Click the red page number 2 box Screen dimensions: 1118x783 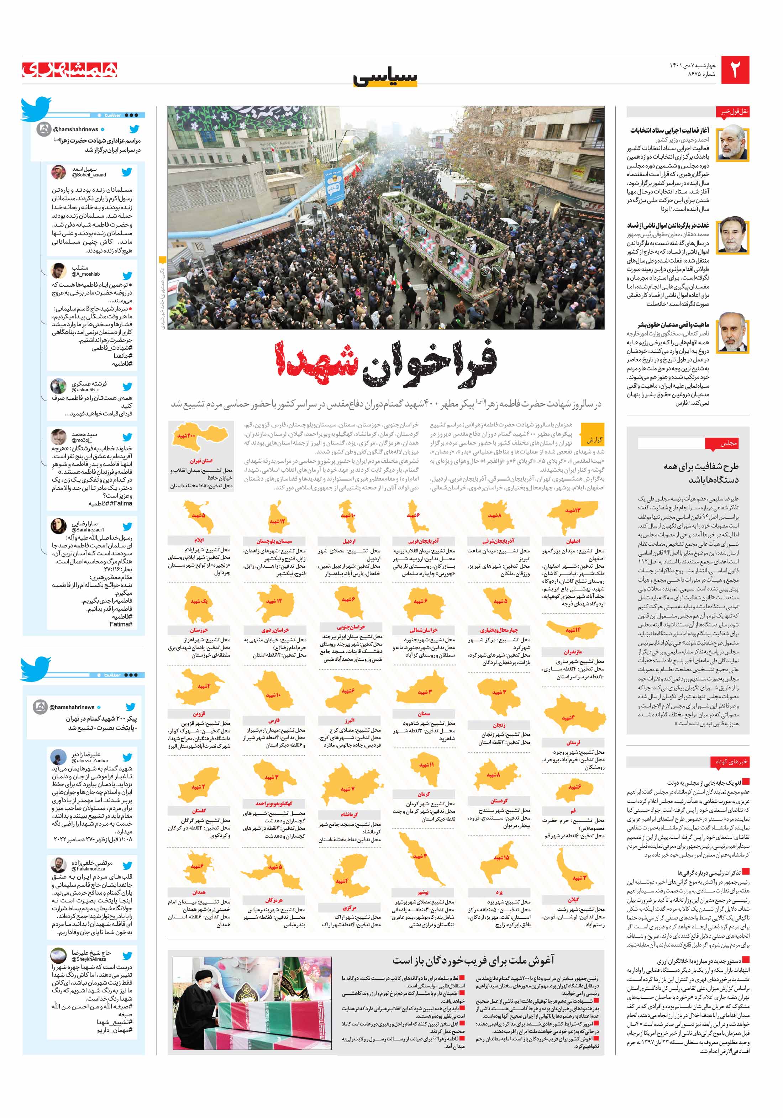pyautogui.click(x=735, y=70)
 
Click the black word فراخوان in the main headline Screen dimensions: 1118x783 pyautogui.click(x=430, y=363)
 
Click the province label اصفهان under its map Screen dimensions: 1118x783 pyautogui.click(x=573, y=541)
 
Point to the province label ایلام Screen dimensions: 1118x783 pyautogui.click(x=199, y=540)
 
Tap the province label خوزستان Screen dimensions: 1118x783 pyautogui.click(x=199, y=630)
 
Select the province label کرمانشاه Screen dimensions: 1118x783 pyautogui.click(x=350, y=814)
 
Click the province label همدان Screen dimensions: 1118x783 pyautogui.click(x=199, y=892)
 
